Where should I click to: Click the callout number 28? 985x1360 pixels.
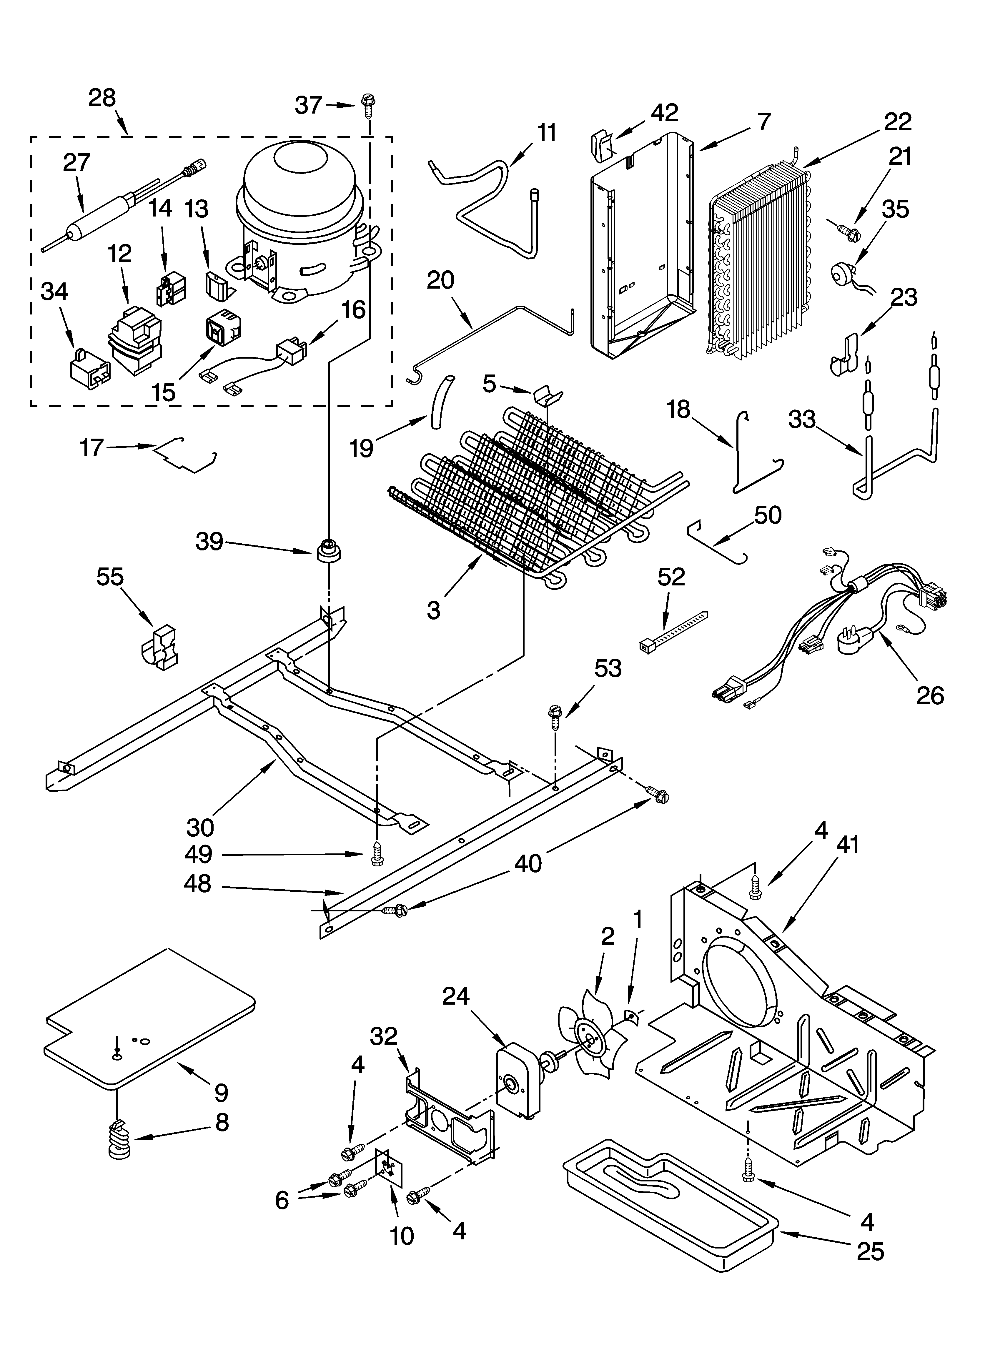pos(102,98)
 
